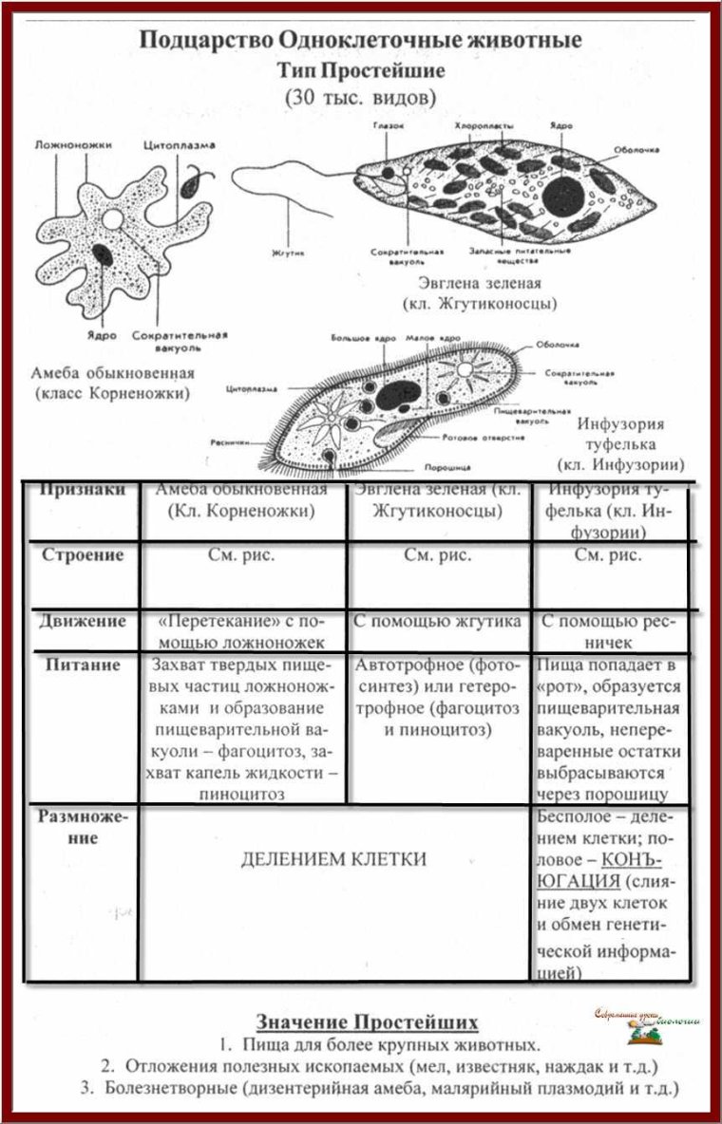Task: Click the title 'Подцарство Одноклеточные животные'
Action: pyautogui.click(x=361, y=41)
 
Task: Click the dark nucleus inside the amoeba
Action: pyautogui.click(x=104, y=254)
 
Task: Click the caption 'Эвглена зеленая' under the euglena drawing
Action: pyautogui.click(x=479, y=284)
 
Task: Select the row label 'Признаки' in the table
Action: pyautogui.click(x=83, y=491)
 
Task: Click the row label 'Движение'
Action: pyautogui.click(x=83, y=622)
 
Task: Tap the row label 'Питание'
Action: pyautogui.click(x=83, y=665)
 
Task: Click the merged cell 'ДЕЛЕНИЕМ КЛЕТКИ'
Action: pyautogui.click(x=333, y=859)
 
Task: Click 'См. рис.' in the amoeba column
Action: pyautogui.click(x=241, y=556)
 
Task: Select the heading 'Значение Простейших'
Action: pyautogui.click(x=367, y=1022)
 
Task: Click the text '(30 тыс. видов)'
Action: pyautogui.click(x=361, y=97)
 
